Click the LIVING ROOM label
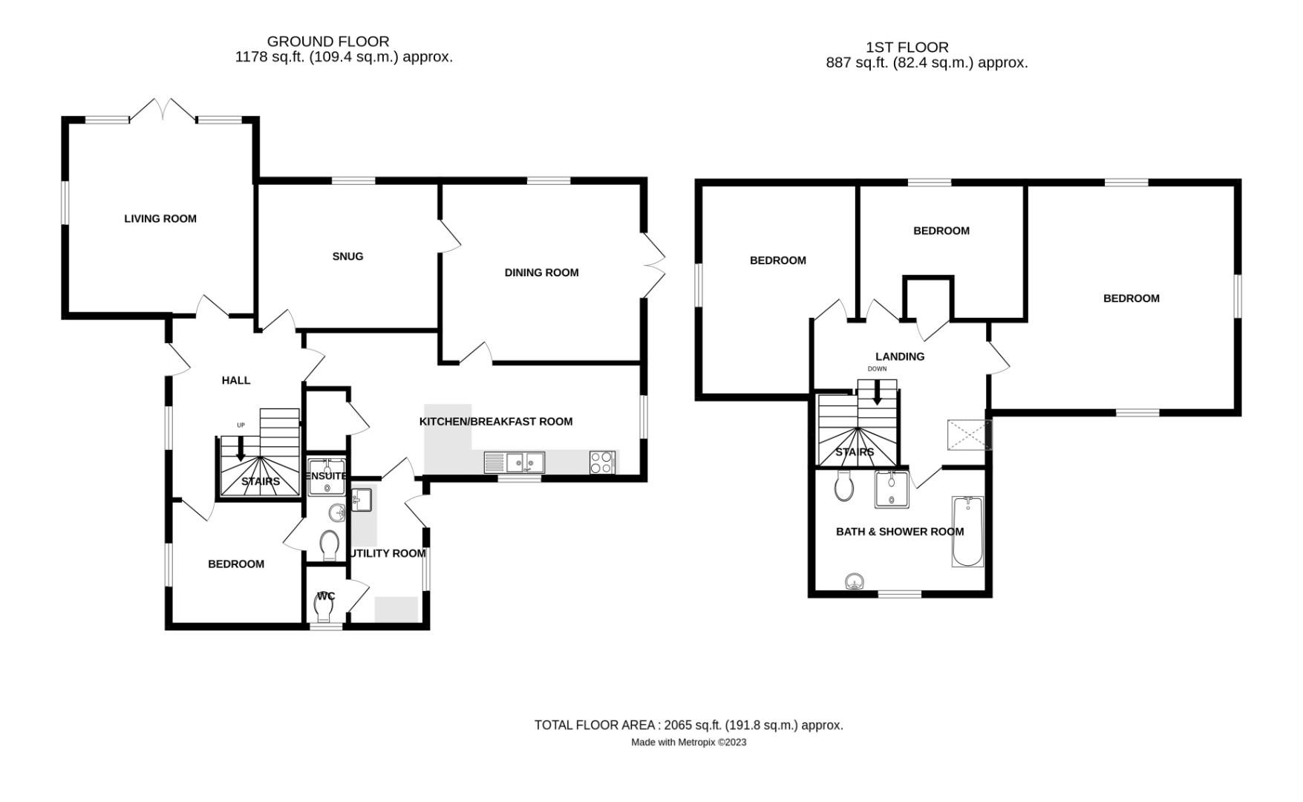click(x=160, y=218)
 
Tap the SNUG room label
click(x=347, y=256)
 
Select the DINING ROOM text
click(x=541, y=273)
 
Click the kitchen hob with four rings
click(x=602, y=462)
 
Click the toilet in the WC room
click(x=324, y=610)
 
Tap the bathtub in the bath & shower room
click(x=967, y=532)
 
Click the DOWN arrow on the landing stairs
click(x=877, y=393)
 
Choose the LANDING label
click(x=899, y=356)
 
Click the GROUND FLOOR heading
click(x=327, y=42)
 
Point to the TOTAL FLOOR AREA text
click(x=688, y=725)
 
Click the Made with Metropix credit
click(x=688, y=742)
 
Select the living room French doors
click(x=163, y=111)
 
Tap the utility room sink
click(x=362, y=499)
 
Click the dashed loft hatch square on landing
click(x=969, y=434)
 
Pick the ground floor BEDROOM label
click(x=236, y=564)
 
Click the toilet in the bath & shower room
click(x=844, y=486)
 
